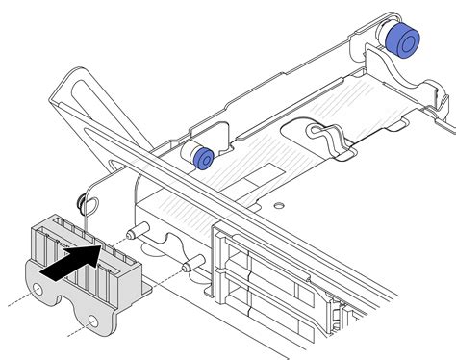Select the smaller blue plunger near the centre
pyautogui.click(x=203, y=157)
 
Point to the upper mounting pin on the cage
pyautogui.click(x=138, y=230)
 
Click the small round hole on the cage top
pyautogui.click(x=279, y=206)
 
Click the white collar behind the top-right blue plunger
pyautogui.click(x=386, y=38)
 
